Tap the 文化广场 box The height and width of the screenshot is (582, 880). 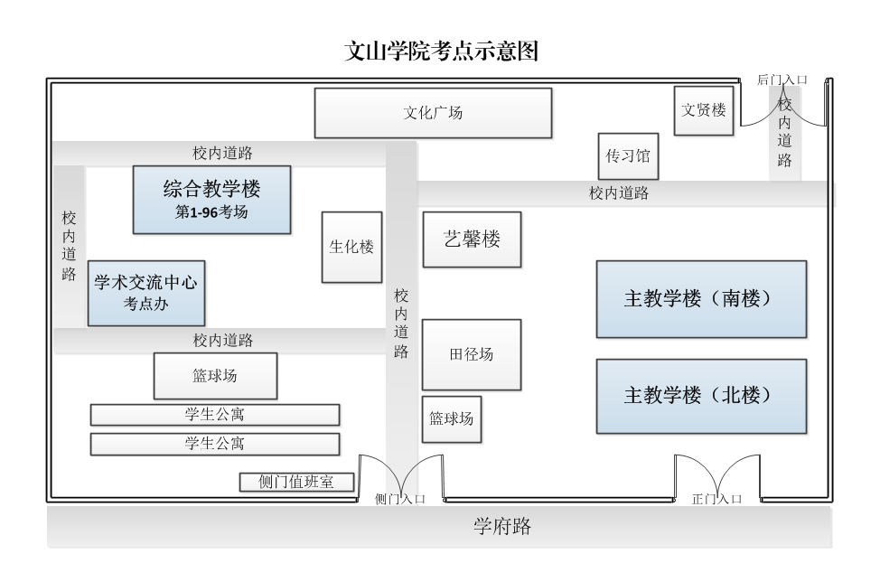tap(432, 113)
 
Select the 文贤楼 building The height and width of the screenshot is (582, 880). tap(703, 110)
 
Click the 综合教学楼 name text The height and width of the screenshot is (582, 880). tap(211, 190)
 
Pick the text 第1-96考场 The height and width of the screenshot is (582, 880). tap(211, 213)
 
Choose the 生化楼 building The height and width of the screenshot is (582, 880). tap(351, 247)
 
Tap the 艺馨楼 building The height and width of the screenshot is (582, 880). tap(472, 239)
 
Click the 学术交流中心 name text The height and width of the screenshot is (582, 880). tap(145, 283)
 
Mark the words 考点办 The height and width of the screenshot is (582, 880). tap(145, 305)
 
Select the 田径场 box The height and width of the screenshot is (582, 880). tap(472, 354)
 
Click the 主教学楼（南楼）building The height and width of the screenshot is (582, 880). tap(700, 299)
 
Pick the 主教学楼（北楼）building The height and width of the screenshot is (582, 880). tap(700, 396)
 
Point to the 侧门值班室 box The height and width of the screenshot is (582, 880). tap(295, 483)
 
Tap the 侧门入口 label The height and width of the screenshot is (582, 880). tap(399, 499)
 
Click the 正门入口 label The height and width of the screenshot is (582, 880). tap(716, 499)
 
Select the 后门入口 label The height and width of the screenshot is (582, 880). tap(781, 80)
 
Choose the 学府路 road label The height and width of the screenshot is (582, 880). tap(502, 527)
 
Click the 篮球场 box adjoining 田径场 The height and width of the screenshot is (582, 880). tap(451, 419)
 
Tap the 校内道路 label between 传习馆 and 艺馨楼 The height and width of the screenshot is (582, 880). tap(619, 192)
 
